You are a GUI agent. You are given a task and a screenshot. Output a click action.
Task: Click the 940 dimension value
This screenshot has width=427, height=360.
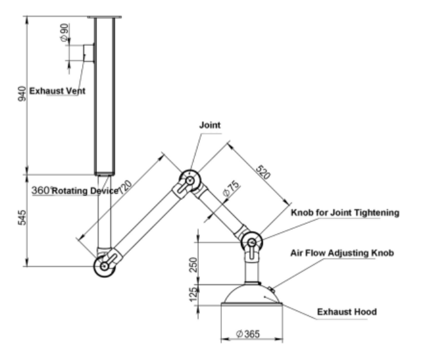click(x=22, y=94)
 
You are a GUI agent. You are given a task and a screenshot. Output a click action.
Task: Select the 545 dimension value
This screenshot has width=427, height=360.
click(x=22, y=218)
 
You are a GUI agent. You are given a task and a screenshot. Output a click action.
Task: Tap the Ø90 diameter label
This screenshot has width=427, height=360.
click(x=65, y=33)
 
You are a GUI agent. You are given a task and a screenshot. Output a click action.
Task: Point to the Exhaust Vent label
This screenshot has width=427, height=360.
click(x=57, y=90)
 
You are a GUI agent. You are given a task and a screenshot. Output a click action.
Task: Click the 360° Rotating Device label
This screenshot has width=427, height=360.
click(x=75, y=190)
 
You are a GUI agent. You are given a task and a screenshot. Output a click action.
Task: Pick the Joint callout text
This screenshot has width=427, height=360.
click(x=210, y=125)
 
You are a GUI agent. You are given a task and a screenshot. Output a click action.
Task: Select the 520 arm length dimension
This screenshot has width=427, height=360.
click(x=264, y=172)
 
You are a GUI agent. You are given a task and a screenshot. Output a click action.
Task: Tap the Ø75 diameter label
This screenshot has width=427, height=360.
click(x=231, y=188)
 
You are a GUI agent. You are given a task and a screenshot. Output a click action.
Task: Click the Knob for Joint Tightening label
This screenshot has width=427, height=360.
click(x=345, y=212)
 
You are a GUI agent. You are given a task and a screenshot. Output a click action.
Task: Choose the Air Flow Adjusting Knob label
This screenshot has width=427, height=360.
click(x=342, y=253)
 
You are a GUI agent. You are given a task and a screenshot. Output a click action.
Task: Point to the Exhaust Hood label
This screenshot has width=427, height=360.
click(x=347, y=312)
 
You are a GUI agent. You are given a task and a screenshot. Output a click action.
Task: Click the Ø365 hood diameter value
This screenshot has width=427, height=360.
click(x=248, y=334)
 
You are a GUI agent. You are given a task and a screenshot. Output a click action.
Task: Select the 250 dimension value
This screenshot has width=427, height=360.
click(x=193, y=264)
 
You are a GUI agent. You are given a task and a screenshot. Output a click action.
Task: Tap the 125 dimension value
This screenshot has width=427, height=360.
click(x=193, y=295)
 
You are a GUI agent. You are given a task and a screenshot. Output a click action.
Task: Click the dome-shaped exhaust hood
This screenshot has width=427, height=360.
click(x=252, y=296)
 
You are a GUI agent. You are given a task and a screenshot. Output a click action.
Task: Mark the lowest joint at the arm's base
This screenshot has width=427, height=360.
click(x=105, y=266)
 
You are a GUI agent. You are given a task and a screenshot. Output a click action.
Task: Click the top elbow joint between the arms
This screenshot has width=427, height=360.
click(x=190, y=180)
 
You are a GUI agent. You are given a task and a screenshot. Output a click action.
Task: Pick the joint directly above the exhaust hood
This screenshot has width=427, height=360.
click(x=252, y=243)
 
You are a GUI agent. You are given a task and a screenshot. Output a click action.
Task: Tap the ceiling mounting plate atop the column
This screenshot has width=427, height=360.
click(x=105, y=17)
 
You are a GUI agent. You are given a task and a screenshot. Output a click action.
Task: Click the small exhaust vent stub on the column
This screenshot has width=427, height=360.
click(x=88, y=53)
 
